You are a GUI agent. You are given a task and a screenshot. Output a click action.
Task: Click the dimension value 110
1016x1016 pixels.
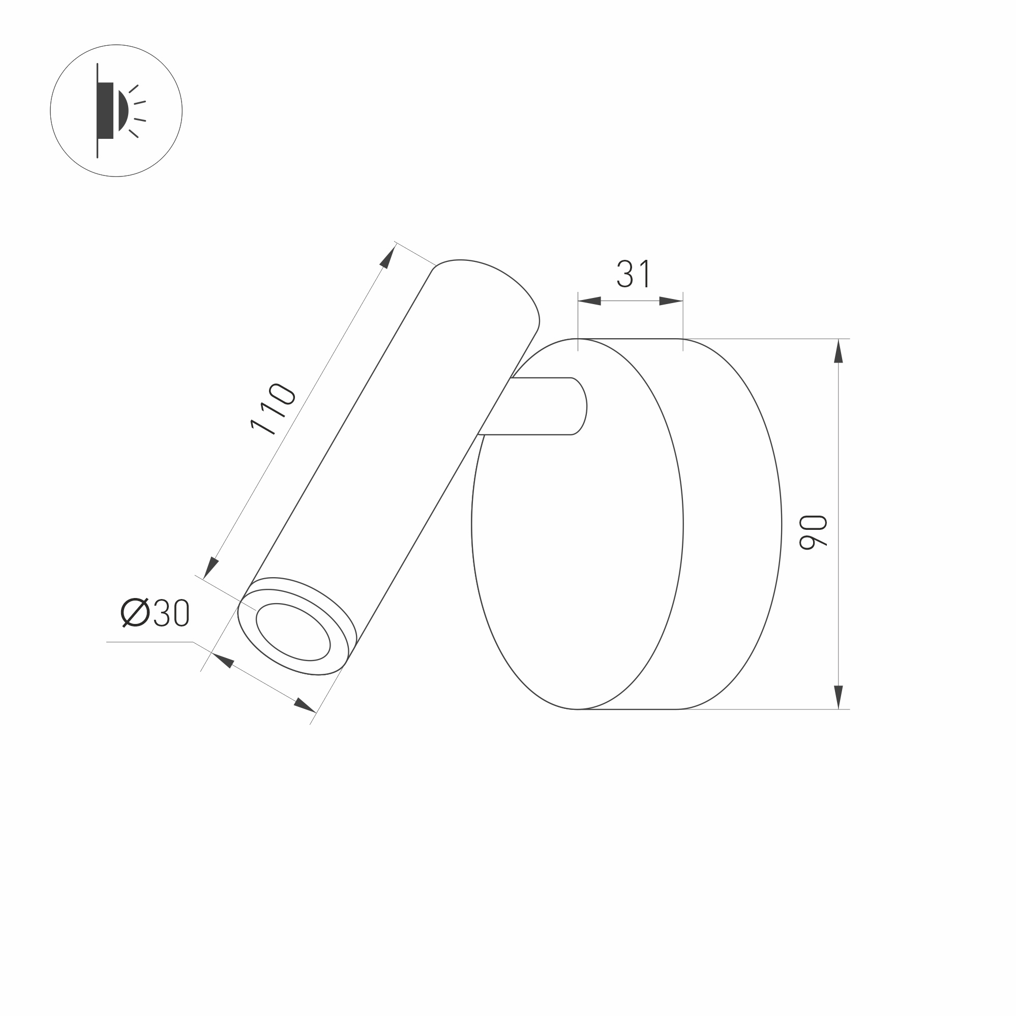pos(273,410)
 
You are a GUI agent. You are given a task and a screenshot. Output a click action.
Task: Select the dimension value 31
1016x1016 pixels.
pos(634,274)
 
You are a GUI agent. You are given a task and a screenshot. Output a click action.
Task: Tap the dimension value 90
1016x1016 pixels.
pos(813,532)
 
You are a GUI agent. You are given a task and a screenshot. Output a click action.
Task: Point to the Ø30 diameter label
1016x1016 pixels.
pos(155,613)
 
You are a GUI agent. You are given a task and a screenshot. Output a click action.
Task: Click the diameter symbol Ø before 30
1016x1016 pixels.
pos(135,613)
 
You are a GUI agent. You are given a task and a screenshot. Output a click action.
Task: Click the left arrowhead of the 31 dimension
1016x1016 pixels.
pos(589,302)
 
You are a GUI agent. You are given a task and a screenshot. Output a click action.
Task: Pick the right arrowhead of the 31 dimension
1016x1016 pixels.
pos(672,302)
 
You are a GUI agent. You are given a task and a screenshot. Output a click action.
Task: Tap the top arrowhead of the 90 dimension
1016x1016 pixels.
pos(838,351)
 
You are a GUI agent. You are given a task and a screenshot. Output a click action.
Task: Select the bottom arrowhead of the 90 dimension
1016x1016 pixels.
pos(838,697)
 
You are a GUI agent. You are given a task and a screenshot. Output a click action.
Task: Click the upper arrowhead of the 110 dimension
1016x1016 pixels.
pos(389,257)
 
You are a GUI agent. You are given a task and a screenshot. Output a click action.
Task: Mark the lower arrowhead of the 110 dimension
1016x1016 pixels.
pos(211,567)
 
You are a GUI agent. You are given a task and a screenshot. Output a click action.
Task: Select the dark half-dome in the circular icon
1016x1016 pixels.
pos(124,110)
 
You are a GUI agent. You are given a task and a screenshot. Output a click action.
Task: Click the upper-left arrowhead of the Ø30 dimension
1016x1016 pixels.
pos(222,661)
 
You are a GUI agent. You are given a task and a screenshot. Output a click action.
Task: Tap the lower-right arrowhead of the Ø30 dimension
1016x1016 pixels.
pos(304,705)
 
